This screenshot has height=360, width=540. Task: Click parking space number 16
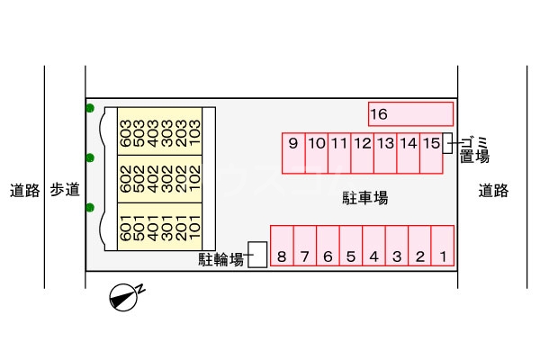410,114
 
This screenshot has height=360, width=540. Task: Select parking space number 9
293,152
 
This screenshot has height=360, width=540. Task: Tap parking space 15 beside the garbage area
431,152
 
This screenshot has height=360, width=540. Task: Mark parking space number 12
362,152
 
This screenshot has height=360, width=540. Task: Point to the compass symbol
123,297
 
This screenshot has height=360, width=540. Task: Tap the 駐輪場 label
221,260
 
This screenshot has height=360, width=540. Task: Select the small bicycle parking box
257,255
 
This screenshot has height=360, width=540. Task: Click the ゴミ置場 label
474,149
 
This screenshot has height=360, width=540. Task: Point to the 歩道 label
65,190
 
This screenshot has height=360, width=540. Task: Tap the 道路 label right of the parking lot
493,190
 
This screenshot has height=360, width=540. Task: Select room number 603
124,133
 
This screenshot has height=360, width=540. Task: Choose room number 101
193,229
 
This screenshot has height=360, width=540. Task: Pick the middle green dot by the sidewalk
90,158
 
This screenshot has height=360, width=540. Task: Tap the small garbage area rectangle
446,142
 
